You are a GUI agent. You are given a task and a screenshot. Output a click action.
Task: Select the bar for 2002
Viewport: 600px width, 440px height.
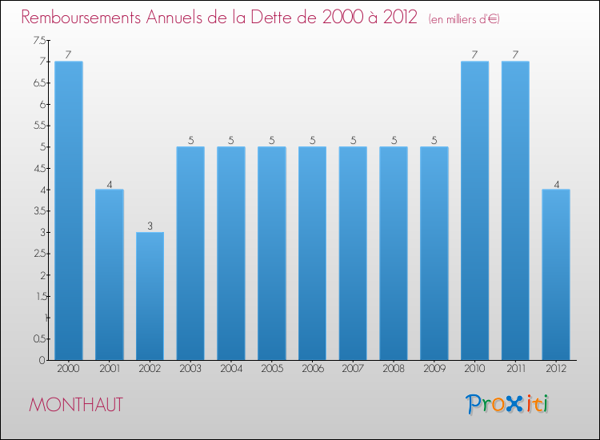[x=150, y=296]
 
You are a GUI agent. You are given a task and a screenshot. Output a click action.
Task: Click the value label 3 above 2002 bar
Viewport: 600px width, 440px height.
[x=150, y=226]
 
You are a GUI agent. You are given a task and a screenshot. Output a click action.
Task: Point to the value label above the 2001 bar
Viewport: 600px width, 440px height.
[x=110, y=184]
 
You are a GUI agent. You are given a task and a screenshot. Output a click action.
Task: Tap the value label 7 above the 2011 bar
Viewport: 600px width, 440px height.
[x=515, y=55]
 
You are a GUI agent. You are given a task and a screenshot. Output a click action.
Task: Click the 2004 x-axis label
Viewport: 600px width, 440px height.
[x=231, y=370]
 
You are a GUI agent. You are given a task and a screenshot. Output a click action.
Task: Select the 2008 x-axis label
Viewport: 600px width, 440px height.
[x=394, y=370]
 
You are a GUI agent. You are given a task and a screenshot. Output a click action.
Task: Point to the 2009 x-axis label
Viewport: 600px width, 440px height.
[x=434, y=370]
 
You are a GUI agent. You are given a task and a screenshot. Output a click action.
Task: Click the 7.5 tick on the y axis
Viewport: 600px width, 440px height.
[x=38, y=40]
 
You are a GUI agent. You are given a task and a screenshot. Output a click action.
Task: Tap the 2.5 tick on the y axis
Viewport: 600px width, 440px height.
[x=38, y=254]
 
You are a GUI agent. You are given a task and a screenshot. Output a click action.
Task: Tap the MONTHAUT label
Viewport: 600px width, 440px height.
[x=76, y=405]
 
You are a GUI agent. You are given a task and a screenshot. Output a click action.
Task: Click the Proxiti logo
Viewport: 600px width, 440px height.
[x=509, y=404]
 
